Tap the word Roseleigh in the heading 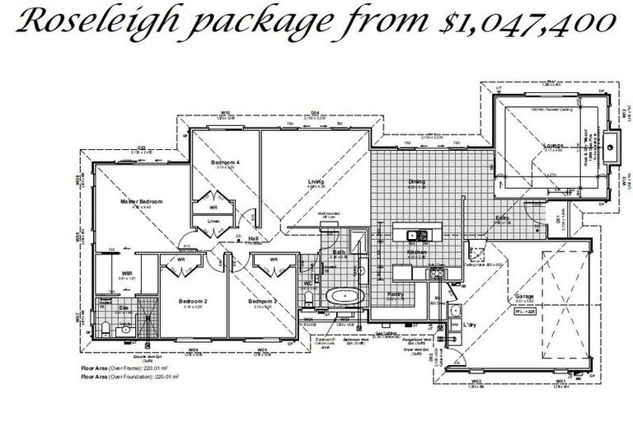(98, 23)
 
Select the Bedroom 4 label (225, 162)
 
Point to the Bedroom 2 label (193, 302)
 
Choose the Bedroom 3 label (264, 302)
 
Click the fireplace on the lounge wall (610, 148)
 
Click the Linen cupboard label (213, 221)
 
